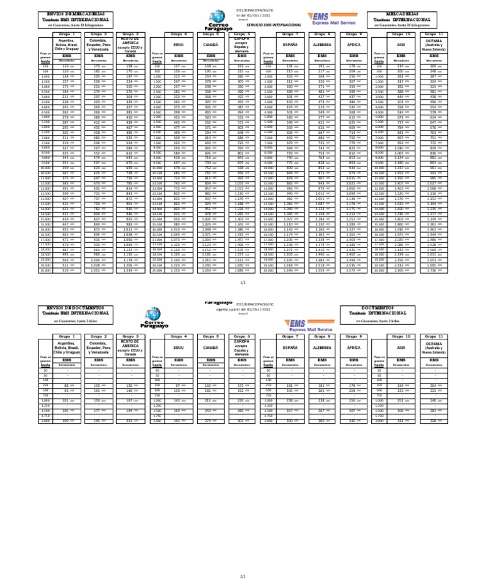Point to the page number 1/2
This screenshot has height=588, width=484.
coord(243,283)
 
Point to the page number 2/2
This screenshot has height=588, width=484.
coord(243,575)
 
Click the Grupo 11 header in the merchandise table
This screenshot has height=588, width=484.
coord(434,34)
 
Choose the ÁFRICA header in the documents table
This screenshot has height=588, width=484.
coord(354,347)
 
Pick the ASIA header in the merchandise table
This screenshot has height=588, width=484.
coord(401,45)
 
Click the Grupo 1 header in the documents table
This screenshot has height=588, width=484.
coord(66,337)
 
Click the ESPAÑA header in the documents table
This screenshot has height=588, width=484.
coord(289,347)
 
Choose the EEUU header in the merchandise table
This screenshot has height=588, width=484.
coord(178,45)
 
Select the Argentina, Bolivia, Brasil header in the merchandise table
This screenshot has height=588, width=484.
coord(66,45)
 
